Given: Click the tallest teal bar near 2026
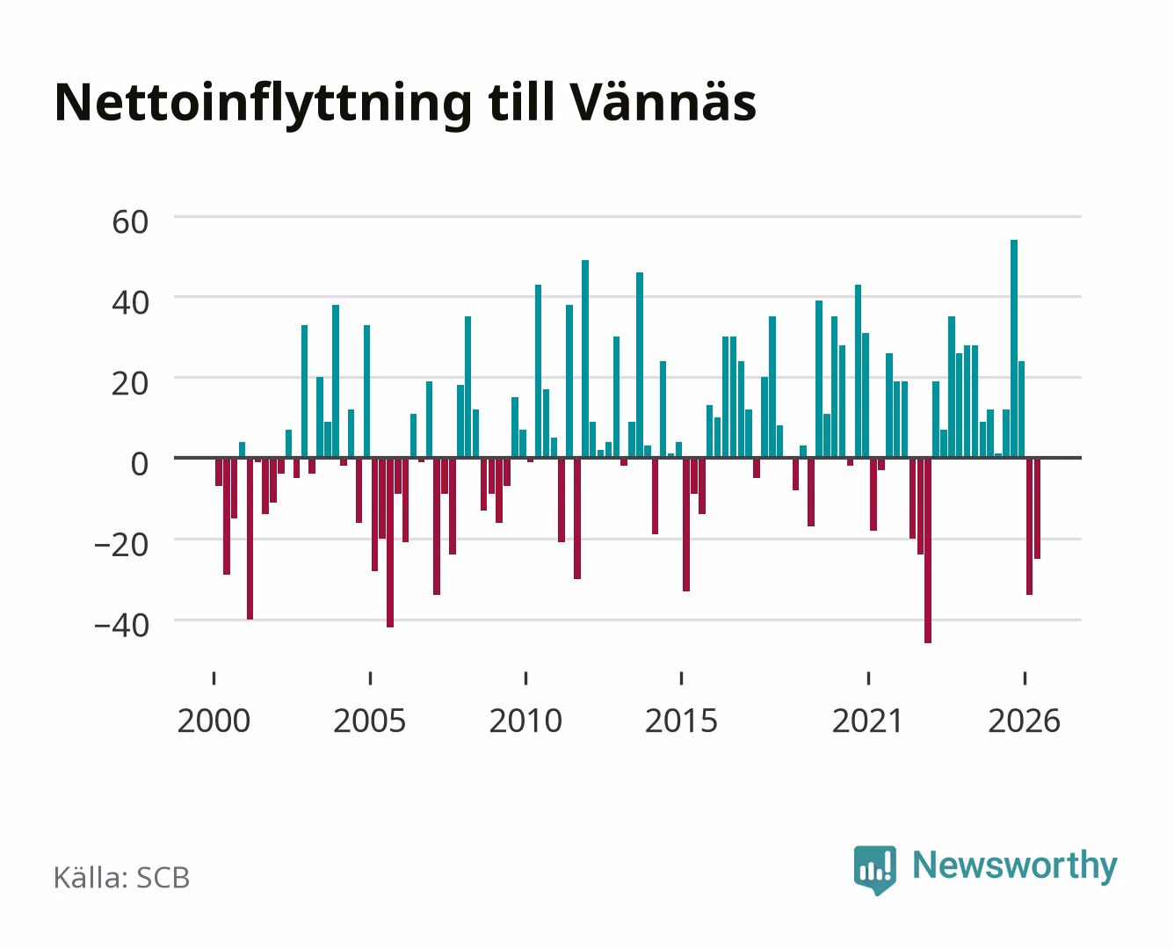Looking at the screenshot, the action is (x=1013, y=348).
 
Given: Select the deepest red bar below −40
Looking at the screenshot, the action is (x=928, y=550).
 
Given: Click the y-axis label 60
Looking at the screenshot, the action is (x=130, y=222).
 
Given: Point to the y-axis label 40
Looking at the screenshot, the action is (x=130, y=302).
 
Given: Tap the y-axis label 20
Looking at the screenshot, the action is (x=130, y=384).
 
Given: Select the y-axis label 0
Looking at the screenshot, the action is (x=140, y=464).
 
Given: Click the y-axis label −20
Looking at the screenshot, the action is (x=121, y=545).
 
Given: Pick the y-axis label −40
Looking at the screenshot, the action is (x=121, y=626).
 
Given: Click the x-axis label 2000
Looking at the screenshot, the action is (x=214, y=721).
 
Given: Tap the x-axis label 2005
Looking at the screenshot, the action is (x=370, y=721).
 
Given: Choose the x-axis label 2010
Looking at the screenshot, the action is (x=525, y=721).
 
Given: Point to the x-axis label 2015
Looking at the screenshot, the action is (x=682, y=721).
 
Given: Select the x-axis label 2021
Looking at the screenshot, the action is (x=868, y=721).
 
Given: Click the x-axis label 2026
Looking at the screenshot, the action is (x=1025, y=721).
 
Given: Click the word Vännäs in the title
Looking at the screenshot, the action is (x=663, y=102).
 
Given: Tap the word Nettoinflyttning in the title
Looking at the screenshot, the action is (x=264, y=105).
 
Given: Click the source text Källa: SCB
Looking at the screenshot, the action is (x=122, y=877).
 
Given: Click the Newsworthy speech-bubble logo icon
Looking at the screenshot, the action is (x=875, y=870).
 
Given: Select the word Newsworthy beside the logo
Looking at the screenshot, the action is (x=1015, y=866).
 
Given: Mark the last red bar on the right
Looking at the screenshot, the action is (x=1037, y=508).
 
